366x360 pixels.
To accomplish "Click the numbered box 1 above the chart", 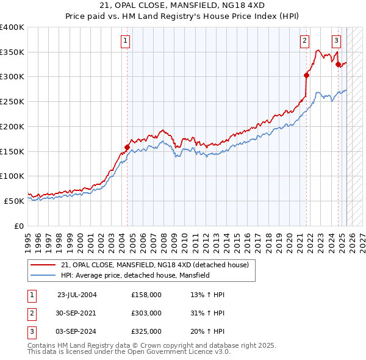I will tap(125, 41).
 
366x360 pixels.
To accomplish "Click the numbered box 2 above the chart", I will tap(304, 41).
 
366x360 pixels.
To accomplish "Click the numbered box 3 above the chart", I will tap(336, 41).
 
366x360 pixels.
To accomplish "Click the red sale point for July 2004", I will tap(127, 147).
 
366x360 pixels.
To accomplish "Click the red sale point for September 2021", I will tap(306, 76).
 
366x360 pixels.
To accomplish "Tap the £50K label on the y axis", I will tap(13, 200).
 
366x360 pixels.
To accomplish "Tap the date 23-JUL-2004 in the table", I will tap(77, 295).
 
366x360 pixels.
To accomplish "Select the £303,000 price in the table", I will tap(146, 313).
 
